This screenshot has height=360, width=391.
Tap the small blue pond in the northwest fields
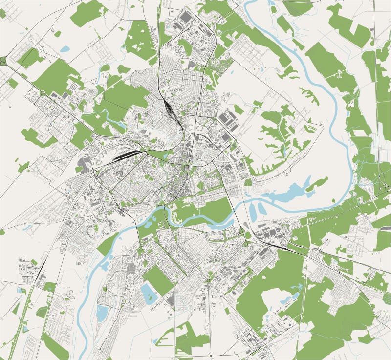point(65,49)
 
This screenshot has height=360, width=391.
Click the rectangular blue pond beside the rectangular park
point(147,292)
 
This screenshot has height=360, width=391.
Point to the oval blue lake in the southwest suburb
point(102,313)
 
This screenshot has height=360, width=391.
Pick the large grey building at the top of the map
point(186,17)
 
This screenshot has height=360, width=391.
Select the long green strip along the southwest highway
point(22,313)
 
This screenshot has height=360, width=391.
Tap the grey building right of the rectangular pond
point(171,298)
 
